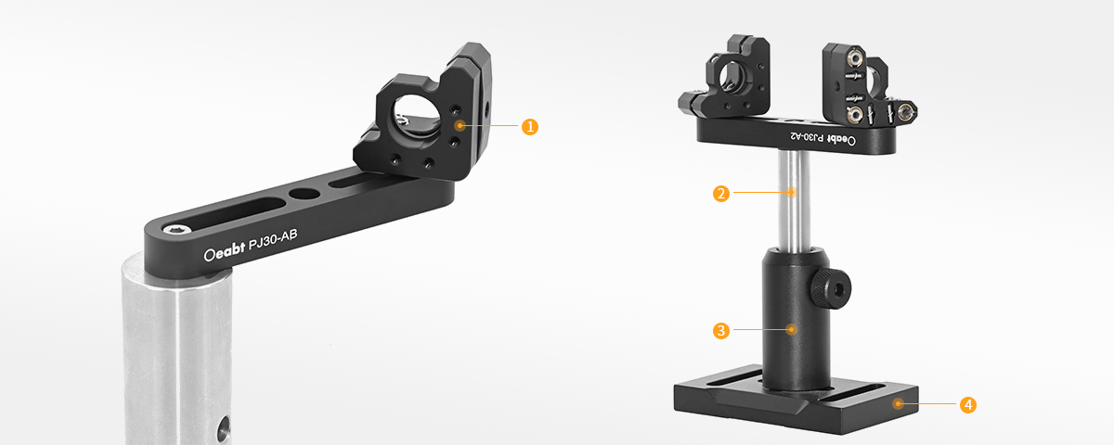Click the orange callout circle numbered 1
(530, 127)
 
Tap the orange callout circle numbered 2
(721, 193)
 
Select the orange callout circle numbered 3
(721, 330)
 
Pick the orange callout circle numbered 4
(967, 405)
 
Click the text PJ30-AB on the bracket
(273, 240)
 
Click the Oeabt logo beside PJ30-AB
(225, 252)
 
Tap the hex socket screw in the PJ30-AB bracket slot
(177, 229)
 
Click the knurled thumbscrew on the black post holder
(831, 288)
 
